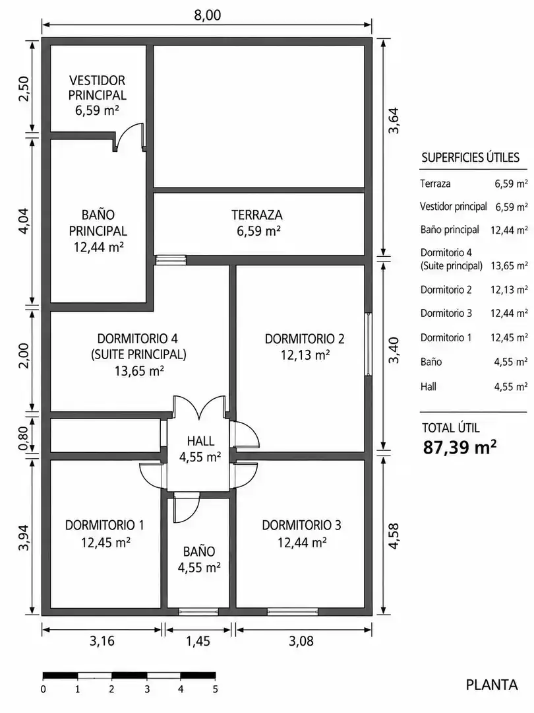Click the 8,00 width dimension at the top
[207, 15]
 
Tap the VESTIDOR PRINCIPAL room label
[97, 88]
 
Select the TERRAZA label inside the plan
[257, 215]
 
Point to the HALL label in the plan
[200, 440]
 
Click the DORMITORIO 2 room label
[305, 339]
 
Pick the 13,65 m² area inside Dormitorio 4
[139, 371]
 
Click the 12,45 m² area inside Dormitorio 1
[105, 542]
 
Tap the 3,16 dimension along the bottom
[102, 641]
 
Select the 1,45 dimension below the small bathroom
[198, 641]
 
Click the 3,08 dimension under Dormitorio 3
[301, 641]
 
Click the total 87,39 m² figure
[460, 448]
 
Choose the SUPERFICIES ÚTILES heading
[471, 158]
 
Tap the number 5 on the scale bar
[215, 689]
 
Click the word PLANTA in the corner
[492, 685]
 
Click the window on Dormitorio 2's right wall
[369, 344]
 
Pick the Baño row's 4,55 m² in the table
[511, 362]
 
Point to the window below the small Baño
[198, 612]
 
